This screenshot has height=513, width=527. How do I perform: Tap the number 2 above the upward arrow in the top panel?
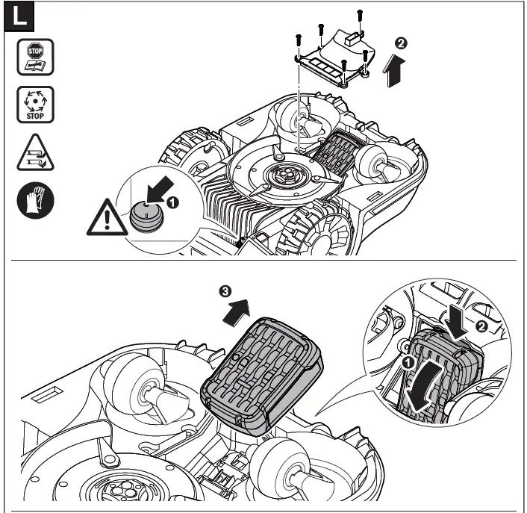click(402, 43)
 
